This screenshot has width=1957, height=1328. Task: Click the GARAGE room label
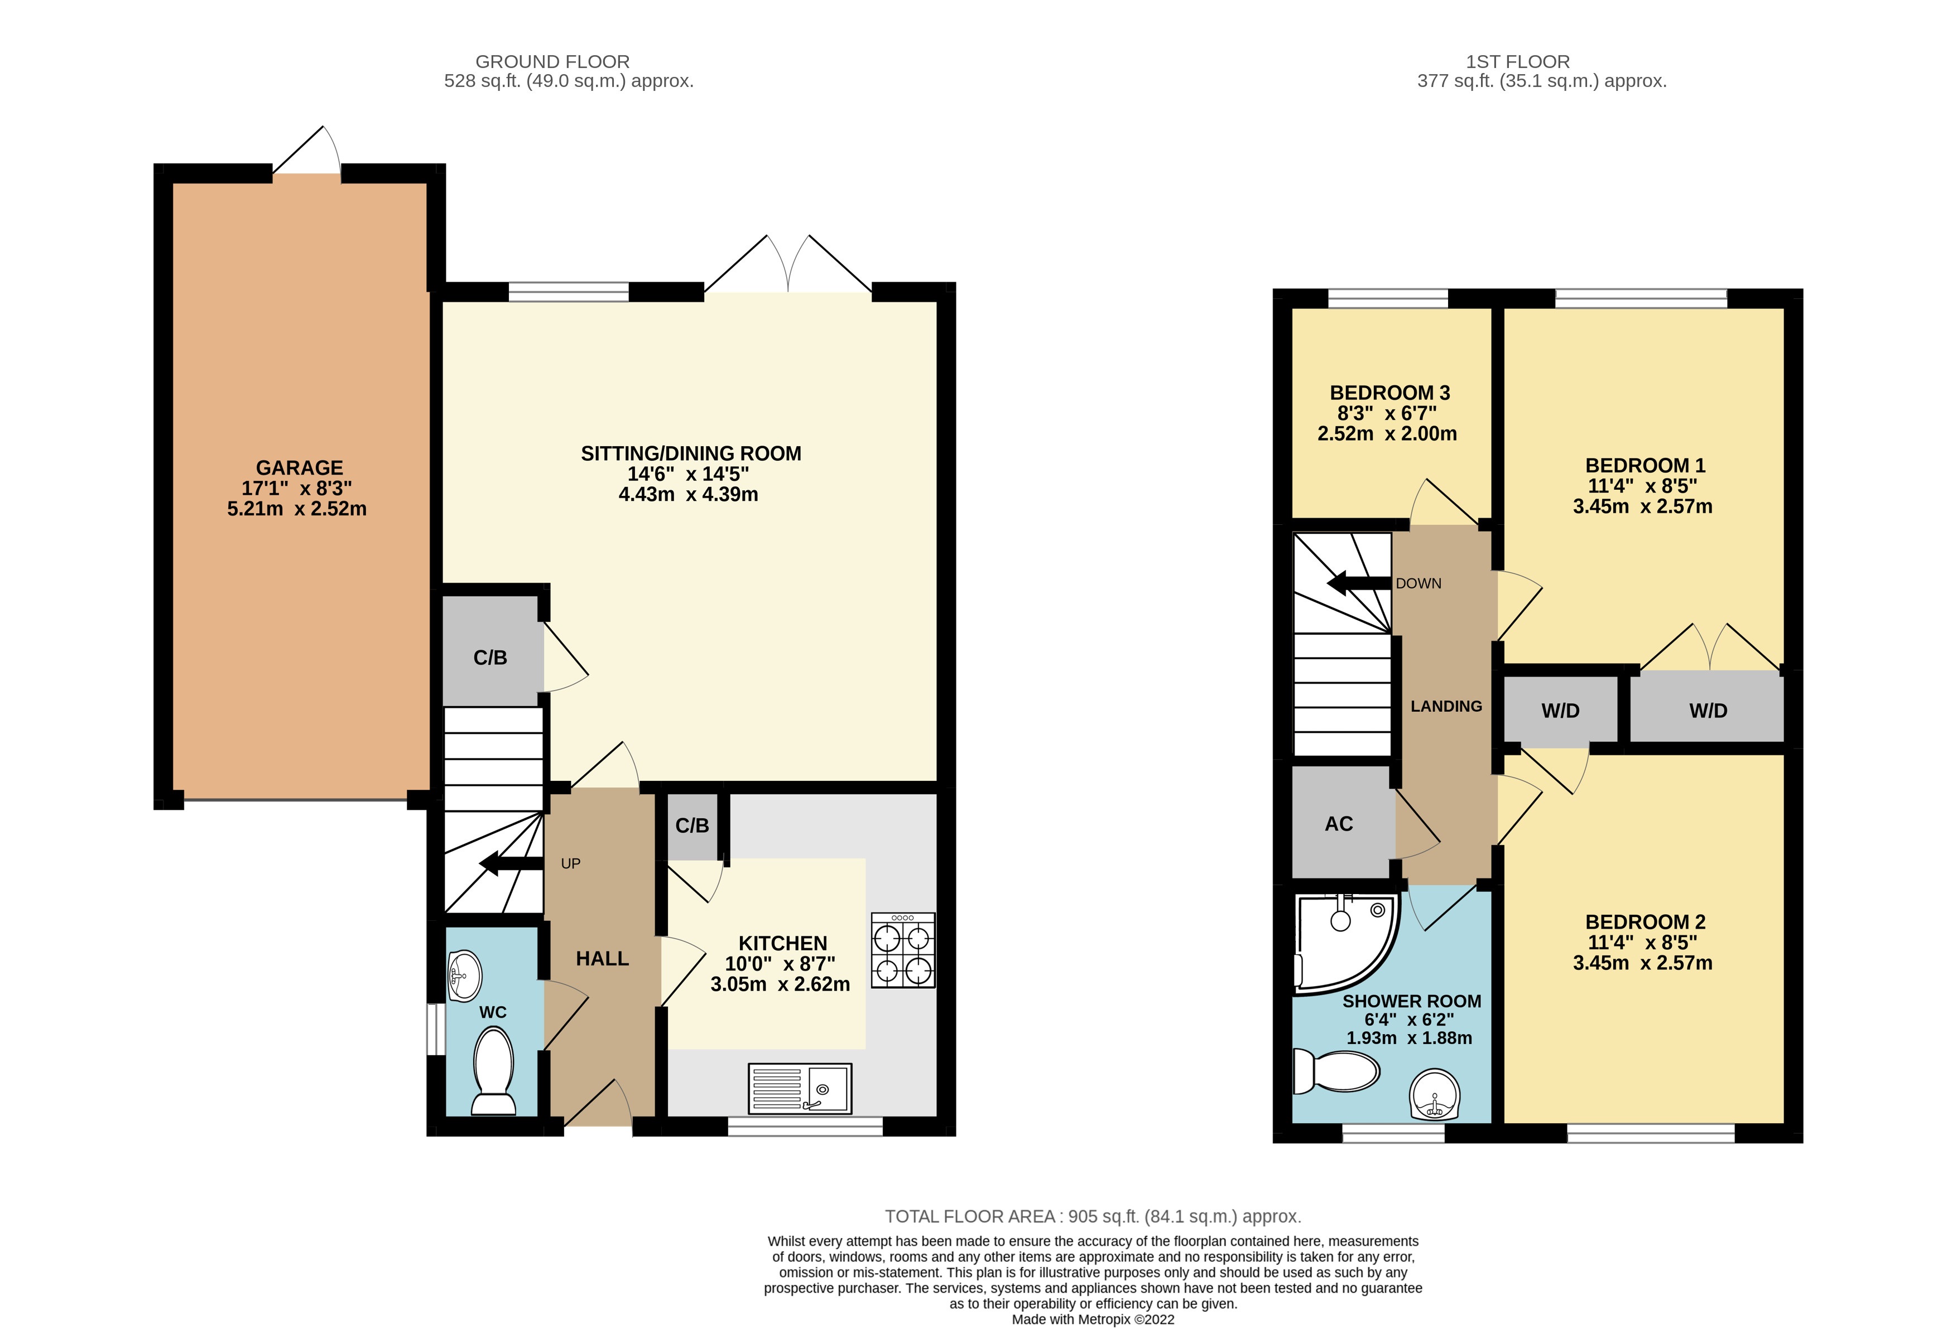[299, 468]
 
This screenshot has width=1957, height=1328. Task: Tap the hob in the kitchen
[903, 950]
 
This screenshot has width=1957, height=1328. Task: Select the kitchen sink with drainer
[799, 1088]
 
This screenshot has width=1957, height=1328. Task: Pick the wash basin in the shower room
[1434, 1095]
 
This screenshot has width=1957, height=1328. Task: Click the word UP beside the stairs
[571, 863]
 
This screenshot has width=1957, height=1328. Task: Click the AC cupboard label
[1339, 824]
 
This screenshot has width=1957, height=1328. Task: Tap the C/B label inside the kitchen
[692, 825]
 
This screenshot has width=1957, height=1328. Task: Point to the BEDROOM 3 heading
[1389, 393]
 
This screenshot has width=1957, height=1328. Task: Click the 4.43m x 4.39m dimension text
[688, 495]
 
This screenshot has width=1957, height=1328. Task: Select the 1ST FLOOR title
[1517, 61]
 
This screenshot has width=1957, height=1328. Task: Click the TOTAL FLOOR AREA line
[1093, 1216]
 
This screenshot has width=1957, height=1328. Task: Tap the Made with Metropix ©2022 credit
[1093, 1319]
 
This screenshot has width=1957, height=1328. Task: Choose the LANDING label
[1446, 706]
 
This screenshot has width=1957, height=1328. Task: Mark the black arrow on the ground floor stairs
[510, 863]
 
